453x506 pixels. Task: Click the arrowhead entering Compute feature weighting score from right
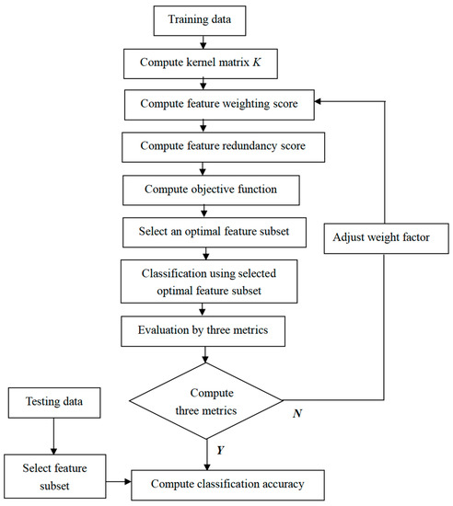[x=295, y=105]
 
